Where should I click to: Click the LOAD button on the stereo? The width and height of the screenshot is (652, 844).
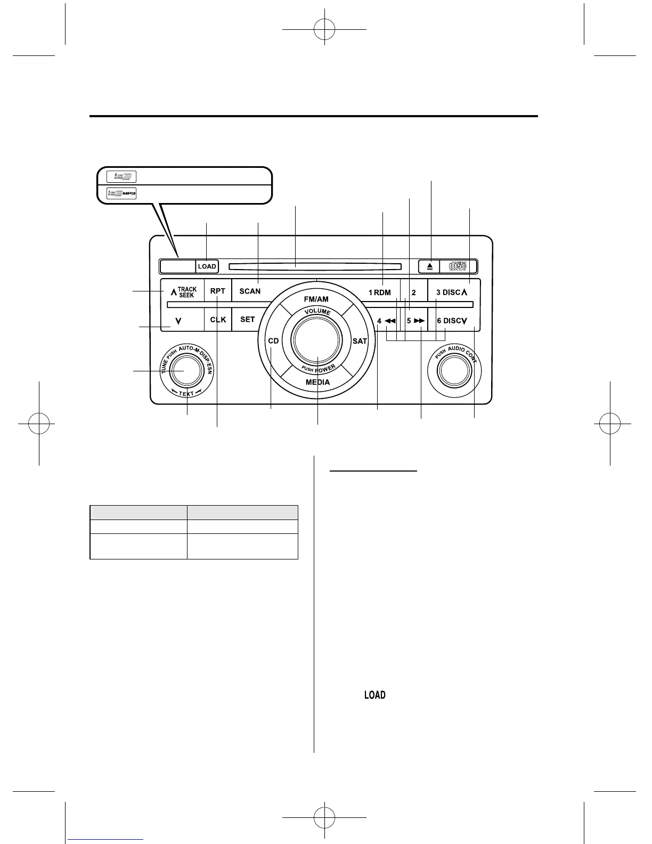[x=207, y=266]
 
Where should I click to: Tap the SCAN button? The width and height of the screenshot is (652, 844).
[x=250, y=291]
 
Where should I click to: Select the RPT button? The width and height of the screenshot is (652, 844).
[x=218, y=291]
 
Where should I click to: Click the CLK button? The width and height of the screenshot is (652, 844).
[x=218, y=320]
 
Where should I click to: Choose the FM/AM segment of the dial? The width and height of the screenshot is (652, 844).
[x=316, y=299]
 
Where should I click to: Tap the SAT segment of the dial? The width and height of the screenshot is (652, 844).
[x=360, y=341]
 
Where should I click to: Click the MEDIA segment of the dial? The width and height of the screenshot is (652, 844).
[x=317, y=382]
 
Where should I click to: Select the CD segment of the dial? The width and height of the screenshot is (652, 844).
[x=273, y=341]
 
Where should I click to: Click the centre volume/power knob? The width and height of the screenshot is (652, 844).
[x=317, y=340]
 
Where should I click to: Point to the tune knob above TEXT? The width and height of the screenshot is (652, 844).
[x=184, y=370]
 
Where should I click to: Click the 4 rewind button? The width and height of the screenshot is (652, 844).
[x=386, y=321]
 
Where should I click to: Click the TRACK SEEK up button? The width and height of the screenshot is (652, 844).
[x=183, y=292]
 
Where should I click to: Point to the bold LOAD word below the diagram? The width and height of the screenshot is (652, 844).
[x=375, y=695]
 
